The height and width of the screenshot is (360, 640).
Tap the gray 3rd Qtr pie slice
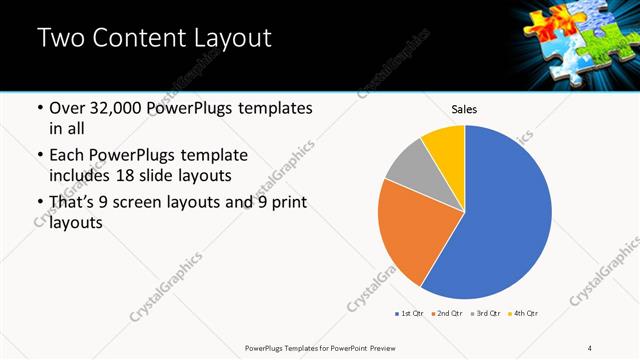(x=408, y=170)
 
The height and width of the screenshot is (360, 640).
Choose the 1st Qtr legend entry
(x=409, y=314)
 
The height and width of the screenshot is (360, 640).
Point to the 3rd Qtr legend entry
(x=485, y=314)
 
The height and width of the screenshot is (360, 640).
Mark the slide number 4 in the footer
(x=590, y=348)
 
